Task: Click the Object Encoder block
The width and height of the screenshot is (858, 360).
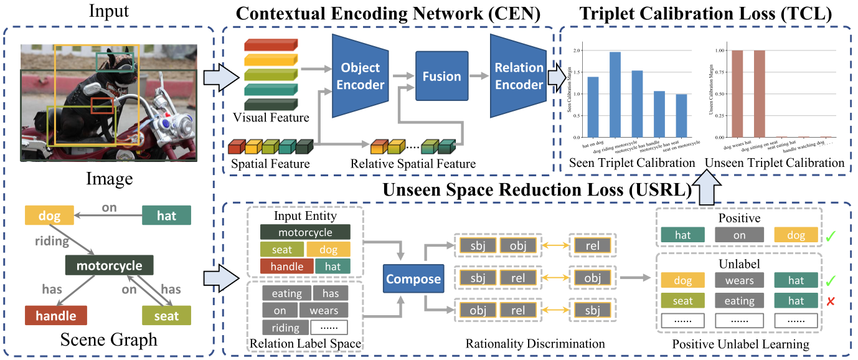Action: click(360, 76)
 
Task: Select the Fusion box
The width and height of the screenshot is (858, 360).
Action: click(442, 77)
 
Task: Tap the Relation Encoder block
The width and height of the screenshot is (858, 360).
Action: click(519, 76)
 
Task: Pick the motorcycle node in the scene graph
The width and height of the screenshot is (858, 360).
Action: click(109, 266)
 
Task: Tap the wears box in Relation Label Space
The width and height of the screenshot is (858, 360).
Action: click(323, 310)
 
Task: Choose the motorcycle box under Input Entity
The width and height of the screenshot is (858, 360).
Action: click(306, 232)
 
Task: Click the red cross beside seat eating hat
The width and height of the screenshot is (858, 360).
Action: click(830, 301)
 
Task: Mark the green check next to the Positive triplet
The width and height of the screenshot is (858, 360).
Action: click(830, 236)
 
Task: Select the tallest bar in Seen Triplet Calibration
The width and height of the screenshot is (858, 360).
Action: click(615, 94)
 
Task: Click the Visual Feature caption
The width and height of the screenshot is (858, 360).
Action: click(270, 116)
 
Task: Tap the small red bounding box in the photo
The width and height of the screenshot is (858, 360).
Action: click(102, 105)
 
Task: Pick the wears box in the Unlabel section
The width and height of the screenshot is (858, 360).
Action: click(739, 281)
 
